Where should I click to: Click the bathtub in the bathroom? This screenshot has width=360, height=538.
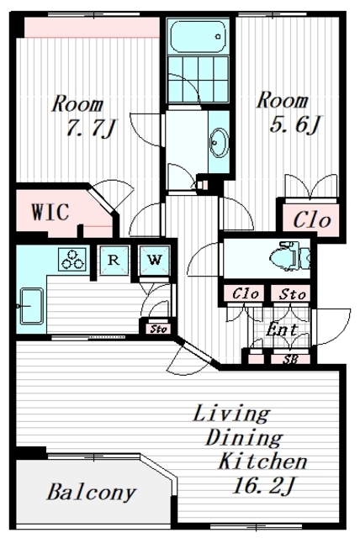point(198,36)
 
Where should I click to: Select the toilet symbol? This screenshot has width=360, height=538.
point(291,257)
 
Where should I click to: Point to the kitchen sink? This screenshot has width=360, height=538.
point(32,306)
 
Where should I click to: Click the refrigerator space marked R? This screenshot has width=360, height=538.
point(114,260)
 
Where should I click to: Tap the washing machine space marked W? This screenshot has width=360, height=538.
point(155,260)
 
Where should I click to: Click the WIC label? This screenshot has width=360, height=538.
point(50,212)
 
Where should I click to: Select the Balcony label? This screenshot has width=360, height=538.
point(92,493)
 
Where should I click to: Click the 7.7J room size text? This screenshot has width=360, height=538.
point(92,129)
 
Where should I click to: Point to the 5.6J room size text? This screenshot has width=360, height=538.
point(295,124)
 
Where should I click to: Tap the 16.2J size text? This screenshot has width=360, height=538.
point(263,486)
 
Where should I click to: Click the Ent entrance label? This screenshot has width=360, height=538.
point(282,330)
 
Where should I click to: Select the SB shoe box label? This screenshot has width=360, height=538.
point(290,359)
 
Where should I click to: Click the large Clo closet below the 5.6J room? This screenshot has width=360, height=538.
point(311,219)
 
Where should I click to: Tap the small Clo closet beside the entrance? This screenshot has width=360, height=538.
point(245,293)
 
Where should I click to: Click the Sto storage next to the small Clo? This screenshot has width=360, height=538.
point(292,294)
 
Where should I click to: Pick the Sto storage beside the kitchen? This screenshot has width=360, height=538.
point(158,329)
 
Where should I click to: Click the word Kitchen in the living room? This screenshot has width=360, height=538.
point(263,462)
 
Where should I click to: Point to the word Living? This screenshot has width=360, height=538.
point(232,414)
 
